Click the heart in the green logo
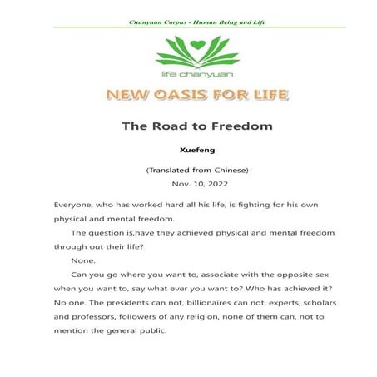pos(188,46)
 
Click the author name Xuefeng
pos(188,152)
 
